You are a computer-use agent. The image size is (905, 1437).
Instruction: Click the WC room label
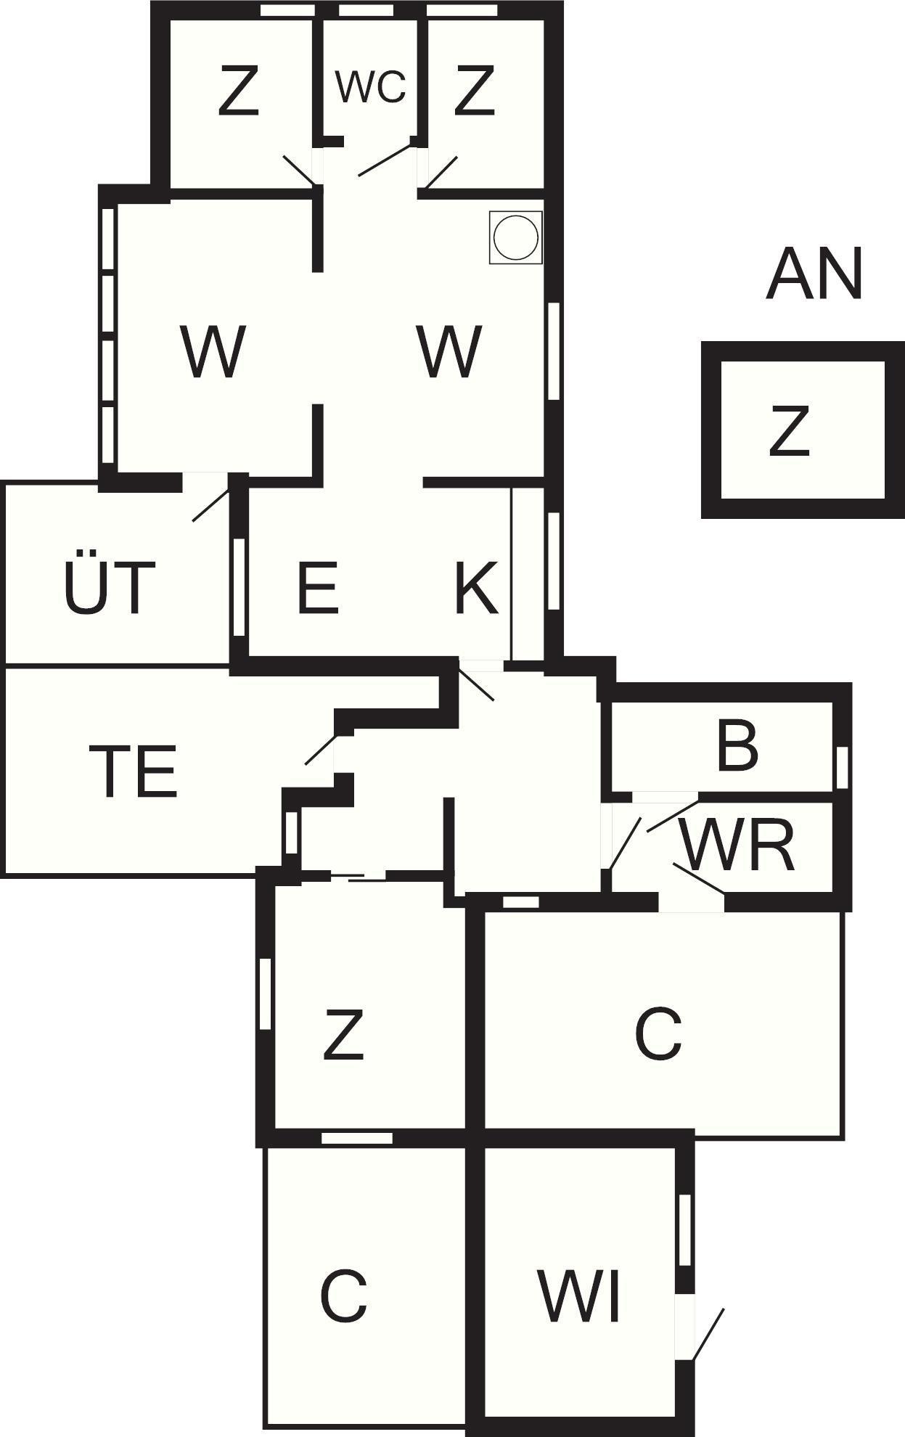click(370, 86)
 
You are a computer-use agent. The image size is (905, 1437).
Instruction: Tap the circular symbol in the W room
click(515, 237)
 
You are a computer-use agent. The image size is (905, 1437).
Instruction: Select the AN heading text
click(814, 274)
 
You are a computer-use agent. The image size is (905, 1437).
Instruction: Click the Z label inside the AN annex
click(789, 432)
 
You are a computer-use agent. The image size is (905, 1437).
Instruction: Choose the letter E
click(318, 586)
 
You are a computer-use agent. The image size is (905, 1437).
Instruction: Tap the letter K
click(475, 586)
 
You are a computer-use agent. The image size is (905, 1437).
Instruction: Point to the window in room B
click(842, 767)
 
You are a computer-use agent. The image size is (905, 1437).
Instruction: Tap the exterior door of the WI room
click(708, 1334)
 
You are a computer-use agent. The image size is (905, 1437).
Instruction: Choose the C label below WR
click(658, 1033)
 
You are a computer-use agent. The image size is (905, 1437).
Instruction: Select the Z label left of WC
click(238, 91)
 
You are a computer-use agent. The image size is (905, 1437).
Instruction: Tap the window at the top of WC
click(366, 10)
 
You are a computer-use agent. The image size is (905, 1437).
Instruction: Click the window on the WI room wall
click(684, 1229)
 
